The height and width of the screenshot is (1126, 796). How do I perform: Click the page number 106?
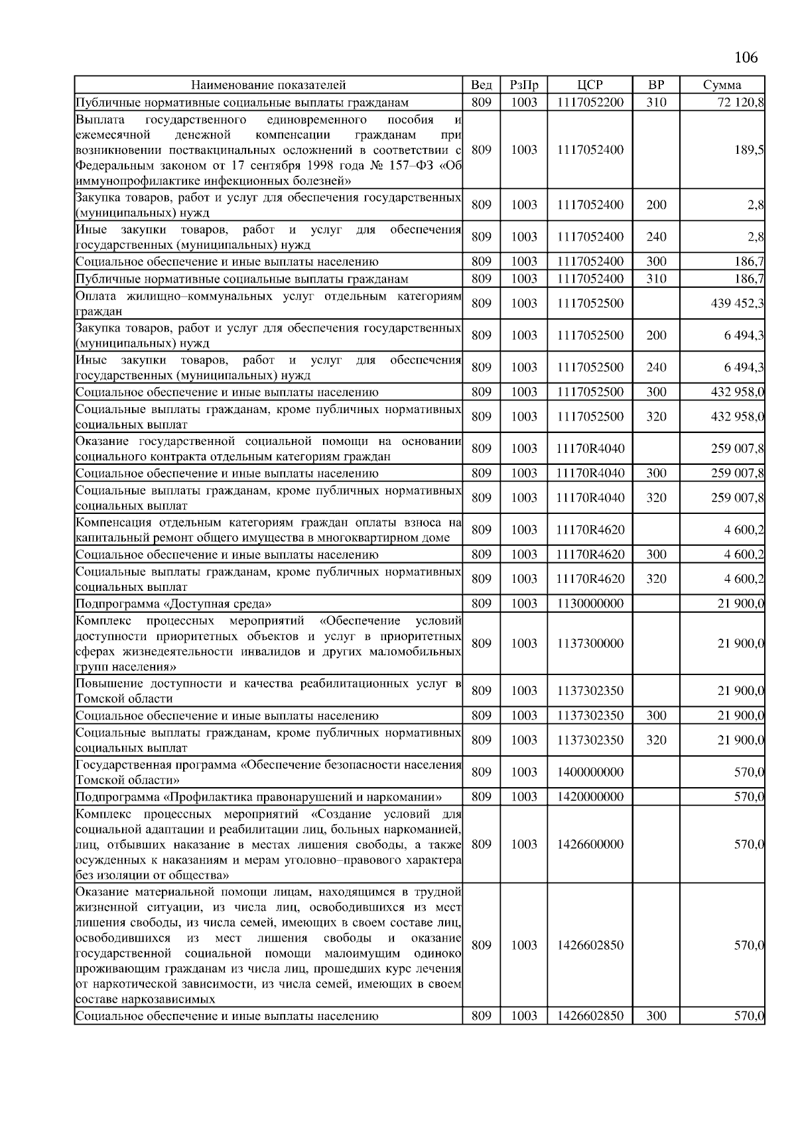pos(746,57)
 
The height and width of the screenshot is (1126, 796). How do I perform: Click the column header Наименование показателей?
pos(269,85)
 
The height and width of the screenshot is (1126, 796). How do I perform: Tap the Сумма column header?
pos(722,85)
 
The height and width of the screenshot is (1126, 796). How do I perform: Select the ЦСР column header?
pos(590,85)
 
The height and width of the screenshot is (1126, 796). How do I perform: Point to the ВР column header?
pos(655,85)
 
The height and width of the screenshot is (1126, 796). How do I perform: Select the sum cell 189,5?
pos(749,150)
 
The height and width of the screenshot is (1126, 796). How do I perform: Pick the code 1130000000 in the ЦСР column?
pos(590,603)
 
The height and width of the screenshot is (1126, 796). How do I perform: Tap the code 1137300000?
pos(590,643)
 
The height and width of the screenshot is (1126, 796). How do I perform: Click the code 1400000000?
pos(590,772)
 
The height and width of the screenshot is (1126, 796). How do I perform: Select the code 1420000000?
pos(590,796)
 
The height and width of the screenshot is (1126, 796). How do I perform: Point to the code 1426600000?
pos(590,844)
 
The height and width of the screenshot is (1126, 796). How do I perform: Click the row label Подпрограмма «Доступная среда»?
pos(174,603)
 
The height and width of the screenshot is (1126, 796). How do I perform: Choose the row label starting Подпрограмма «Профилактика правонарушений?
pos(259,796)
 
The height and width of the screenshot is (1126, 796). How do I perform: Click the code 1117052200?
pos(590,102)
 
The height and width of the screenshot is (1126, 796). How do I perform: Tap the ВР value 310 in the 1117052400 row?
pos(655,279)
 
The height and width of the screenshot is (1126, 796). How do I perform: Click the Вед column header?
pos(481,85)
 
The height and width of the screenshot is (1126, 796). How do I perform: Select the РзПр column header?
pos(523,85)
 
